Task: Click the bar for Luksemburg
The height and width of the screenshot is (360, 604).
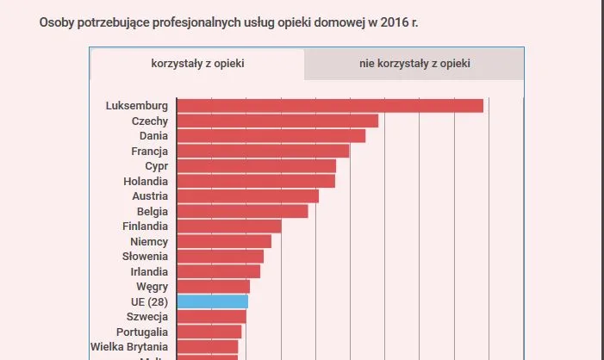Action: (x=330, y=106)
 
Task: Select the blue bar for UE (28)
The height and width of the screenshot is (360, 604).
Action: (x=212, y=301)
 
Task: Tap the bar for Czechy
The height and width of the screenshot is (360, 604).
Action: (x=277, y=121)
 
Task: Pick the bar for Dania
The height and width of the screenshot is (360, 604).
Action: (x=271, y=136)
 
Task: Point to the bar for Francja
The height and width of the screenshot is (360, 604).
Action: (x=263, y=152)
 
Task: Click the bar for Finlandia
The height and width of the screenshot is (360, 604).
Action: (x=229, y=227)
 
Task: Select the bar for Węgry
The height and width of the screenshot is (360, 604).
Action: (x=213, y=287)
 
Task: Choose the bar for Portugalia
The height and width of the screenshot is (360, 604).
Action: (x=209, y=332)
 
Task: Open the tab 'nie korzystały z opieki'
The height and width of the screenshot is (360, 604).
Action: (x=414, y=64)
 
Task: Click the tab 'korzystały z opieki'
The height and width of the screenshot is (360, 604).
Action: (x=197, y=64)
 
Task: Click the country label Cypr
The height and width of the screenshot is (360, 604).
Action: (x=157, y=166)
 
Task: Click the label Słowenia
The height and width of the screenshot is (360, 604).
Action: (x=144, y=257)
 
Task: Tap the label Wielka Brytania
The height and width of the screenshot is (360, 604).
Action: (x=129, y=347)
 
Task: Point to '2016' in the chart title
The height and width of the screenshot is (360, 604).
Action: (x=390, y=22)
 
